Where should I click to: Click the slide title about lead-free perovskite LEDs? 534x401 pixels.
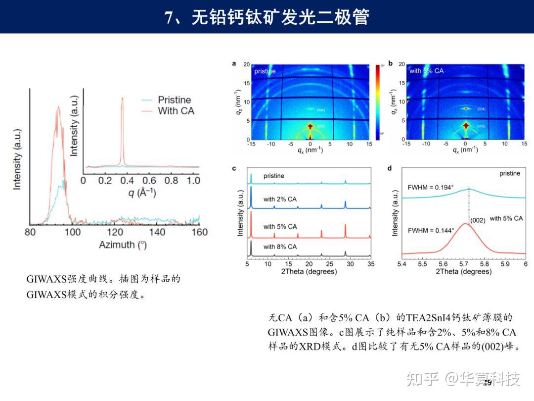coord(267,17)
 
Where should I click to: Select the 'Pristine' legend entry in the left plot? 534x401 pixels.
coord(174,100)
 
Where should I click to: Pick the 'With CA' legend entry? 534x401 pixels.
coord(176,111)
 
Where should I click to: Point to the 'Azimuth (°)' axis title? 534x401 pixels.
coord(123,245)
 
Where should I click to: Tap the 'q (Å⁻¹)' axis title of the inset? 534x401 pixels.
coord(142,193)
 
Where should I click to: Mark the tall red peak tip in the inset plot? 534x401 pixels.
coord(122,99)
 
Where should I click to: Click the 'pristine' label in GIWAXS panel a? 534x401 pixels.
coord(265,71)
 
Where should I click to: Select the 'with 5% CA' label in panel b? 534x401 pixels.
coord(426,71)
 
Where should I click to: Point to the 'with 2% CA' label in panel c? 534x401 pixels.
coord(280,199)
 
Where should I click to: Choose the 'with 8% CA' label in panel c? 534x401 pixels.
coord(280,247)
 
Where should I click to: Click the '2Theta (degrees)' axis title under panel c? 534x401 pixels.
coord(310,272)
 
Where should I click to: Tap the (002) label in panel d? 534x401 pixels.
coord(477,220)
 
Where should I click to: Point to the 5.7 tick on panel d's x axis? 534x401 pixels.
coord(464,264)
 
